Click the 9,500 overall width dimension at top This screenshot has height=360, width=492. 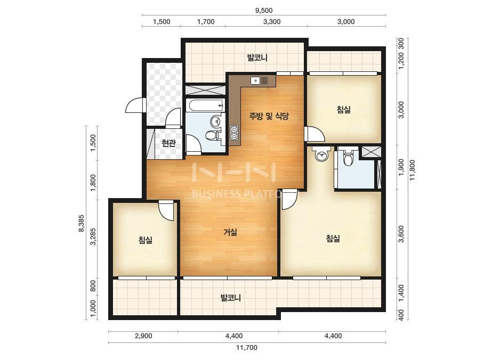(263, 10)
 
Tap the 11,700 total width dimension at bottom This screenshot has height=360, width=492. (247, 347)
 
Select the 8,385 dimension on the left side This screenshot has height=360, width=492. (81, 223)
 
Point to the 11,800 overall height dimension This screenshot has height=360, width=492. (412, 170)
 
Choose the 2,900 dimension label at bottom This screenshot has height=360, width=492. (143, 336)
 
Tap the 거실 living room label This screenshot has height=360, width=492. (230, 232)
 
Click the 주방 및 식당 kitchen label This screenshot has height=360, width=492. (269, 116)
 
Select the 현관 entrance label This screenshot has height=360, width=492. (168, 143)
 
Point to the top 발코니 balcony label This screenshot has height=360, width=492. (257, 58)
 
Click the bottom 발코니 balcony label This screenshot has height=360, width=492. (231, 298)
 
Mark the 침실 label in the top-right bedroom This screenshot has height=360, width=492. (344, 110)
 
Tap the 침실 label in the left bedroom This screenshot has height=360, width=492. (146, 241)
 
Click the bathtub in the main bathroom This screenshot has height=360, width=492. (205, 105)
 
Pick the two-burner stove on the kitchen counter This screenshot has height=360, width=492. (234, 133)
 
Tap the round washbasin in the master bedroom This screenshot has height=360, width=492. (321, 155)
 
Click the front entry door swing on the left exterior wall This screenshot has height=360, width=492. (134, 105)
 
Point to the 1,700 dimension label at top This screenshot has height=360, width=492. (206, 22)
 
